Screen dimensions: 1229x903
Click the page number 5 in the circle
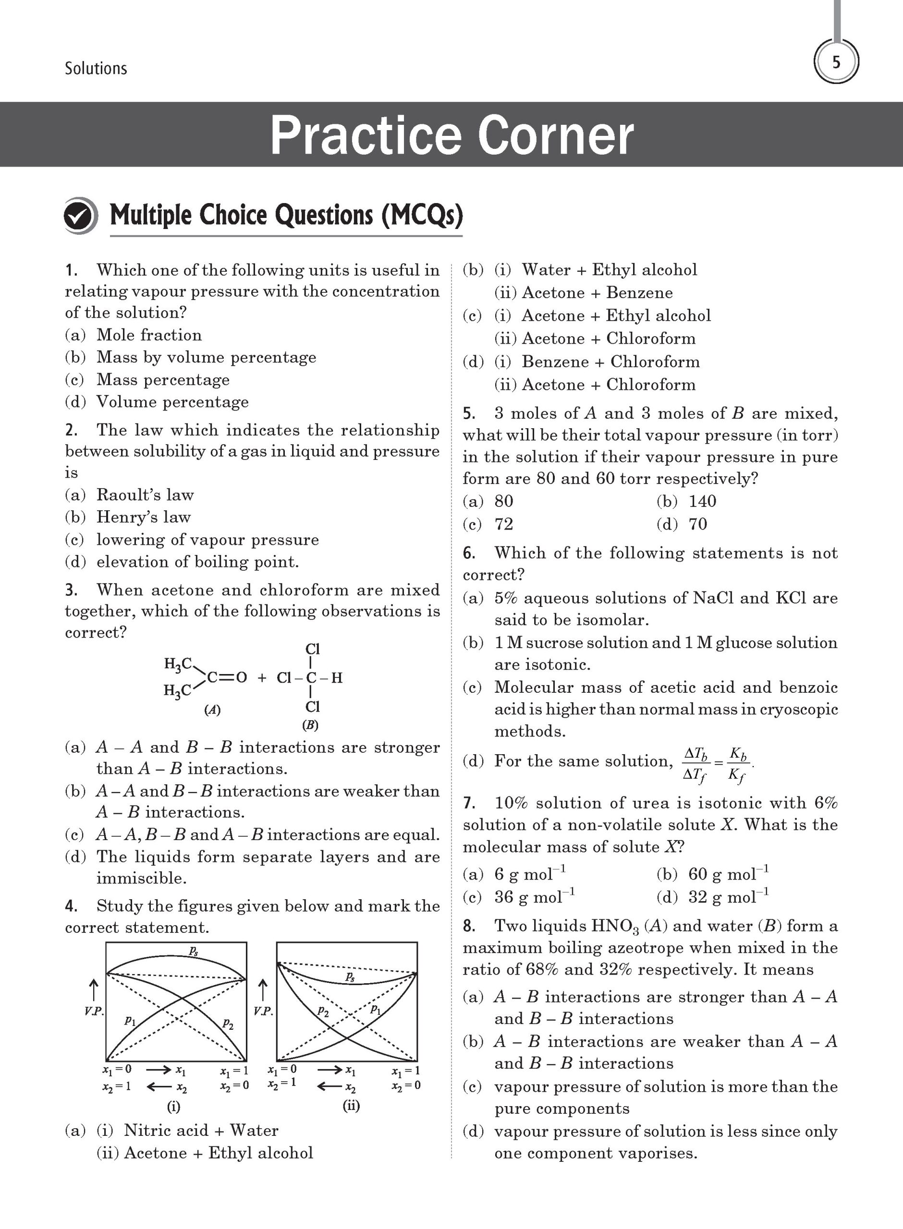click(x=836, y=62)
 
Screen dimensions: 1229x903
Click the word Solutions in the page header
click(x=96, y=68)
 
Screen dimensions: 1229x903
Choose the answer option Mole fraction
click(x=149, y=335)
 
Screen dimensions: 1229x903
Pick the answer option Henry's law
click(x=143, y=517)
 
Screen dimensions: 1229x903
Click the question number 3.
click(x=71, y=590)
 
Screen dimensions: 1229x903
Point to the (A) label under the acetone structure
click(x=212, y=710)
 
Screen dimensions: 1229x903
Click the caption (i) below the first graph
click(x=173, y=1107)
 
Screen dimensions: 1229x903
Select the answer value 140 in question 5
click(x=702, y=501)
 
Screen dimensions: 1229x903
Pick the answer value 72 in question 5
click(x=503, y=524)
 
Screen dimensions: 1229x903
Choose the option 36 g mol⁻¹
click(x=534, y=897)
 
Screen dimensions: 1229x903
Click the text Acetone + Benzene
click(x=597, y=293)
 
